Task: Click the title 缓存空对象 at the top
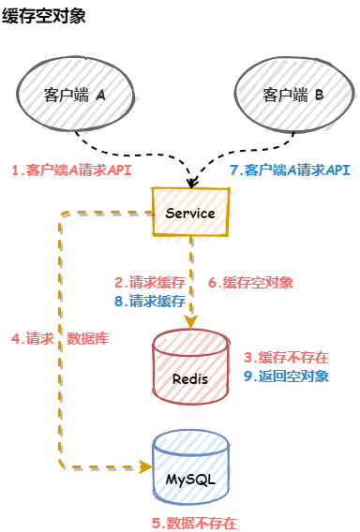point(43,16)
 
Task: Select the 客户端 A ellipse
point(75,94)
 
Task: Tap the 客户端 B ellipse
point(294,95)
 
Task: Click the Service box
point(190,212)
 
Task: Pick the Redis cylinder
point(190,367)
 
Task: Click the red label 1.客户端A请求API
point(71,170)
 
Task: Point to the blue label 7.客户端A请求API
point(290,170)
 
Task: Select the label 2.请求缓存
point(150,282)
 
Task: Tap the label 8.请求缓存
point(150,301)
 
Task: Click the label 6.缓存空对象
point(250,282)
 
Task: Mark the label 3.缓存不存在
point(286,357)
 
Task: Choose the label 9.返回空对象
point(286,376)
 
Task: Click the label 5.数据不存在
point(194,523)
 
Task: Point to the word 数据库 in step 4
point(87,338)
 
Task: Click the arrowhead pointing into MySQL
point(146,466)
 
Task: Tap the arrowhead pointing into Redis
point(191,321)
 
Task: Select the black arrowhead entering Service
point(192,183)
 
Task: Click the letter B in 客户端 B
point(319,95)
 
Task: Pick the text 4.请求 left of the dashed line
point(33,338)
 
